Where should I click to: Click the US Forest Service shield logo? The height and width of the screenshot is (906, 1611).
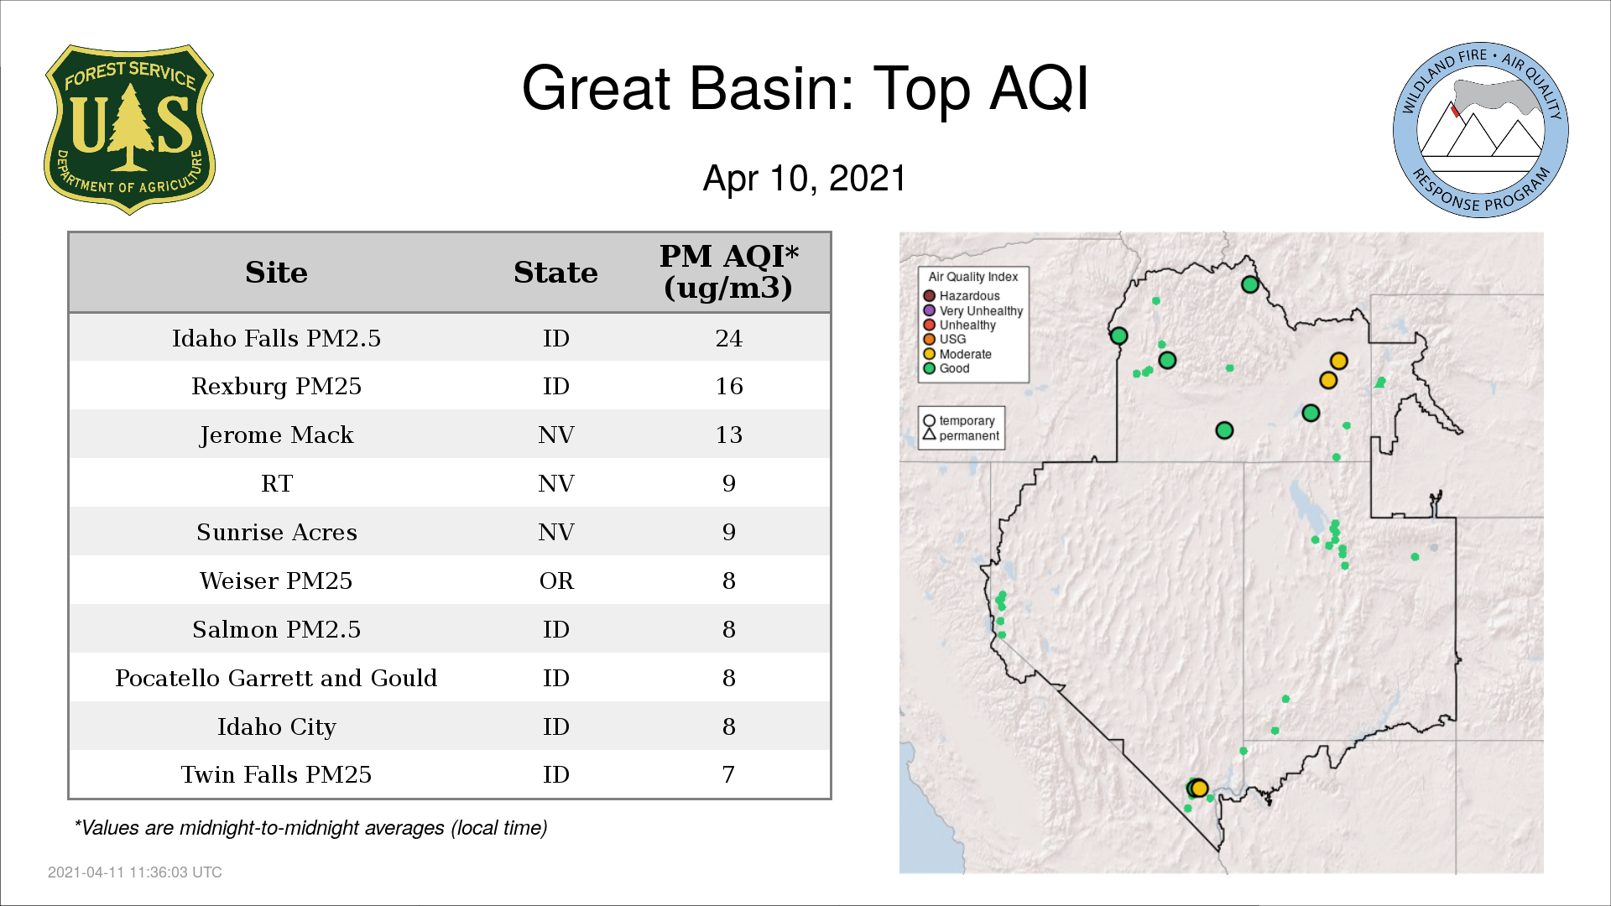[129, 129]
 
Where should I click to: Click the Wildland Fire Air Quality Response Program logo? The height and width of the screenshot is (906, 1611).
[1480, 130]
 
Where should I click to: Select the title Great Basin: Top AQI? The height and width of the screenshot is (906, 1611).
[805, 88]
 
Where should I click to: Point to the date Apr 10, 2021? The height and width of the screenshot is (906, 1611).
[805, 178]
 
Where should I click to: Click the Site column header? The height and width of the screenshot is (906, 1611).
[276, 273]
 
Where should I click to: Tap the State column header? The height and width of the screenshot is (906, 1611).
[555, 273]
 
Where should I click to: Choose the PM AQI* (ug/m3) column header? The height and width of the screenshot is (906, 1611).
[728, 272]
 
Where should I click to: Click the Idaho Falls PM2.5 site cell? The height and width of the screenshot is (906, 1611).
[276, 338]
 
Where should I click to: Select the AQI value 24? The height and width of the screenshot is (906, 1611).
[728, 338]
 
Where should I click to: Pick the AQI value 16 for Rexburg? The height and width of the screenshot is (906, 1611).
[728, 386]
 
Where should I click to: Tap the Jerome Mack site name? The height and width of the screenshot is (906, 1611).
[276, 435]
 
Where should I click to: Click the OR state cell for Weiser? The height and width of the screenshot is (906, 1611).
[556, 581]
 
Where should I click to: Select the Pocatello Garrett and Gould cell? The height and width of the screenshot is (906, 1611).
[276, 678]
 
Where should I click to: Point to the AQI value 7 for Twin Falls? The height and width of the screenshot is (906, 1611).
[728, 774]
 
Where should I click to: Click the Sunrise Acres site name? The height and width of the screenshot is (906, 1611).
[276, 532]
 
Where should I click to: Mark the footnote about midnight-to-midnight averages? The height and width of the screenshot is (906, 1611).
[310, 828]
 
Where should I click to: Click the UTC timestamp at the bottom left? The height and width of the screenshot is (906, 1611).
[135, 872]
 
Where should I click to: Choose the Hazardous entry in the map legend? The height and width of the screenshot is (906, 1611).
[962, 296]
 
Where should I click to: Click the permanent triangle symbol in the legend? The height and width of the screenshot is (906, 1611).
[929, 435]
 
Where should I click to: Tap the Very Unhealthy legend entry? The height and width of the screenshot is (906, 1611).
[973, 310]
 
